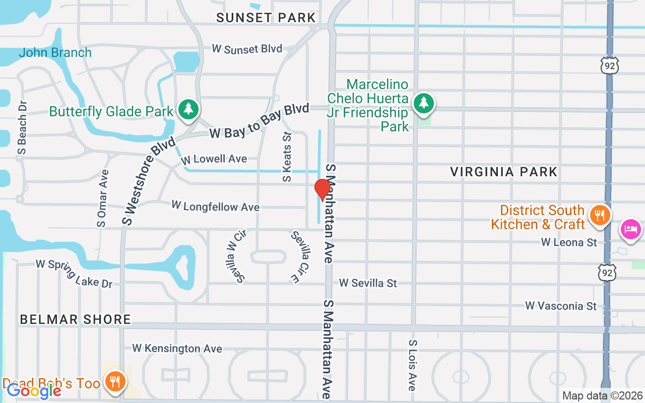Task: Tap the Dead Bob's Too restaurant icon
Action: pos(115,381)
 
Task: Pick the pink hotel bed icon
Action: pos(630,229)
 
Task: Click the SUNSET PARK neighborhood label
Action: pos(266,18)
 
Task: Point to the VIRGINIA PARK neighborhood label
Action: pos(503,172)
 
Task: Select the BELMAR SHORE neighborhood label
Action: pos(76,319)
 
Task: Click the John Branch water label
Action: pos(55,52)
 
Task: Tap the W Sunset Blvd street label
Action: pos(247,49)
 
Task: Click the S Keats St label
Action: pos(287,157)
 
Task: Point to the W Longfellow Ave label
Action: pos(215,206)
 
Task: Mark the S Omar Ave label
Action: pos(102,198)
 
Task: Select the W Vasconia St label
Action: pos(560,306)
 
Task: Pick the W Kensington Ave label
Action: pos(177,349)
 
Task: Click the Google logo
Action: pos(34,390)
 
